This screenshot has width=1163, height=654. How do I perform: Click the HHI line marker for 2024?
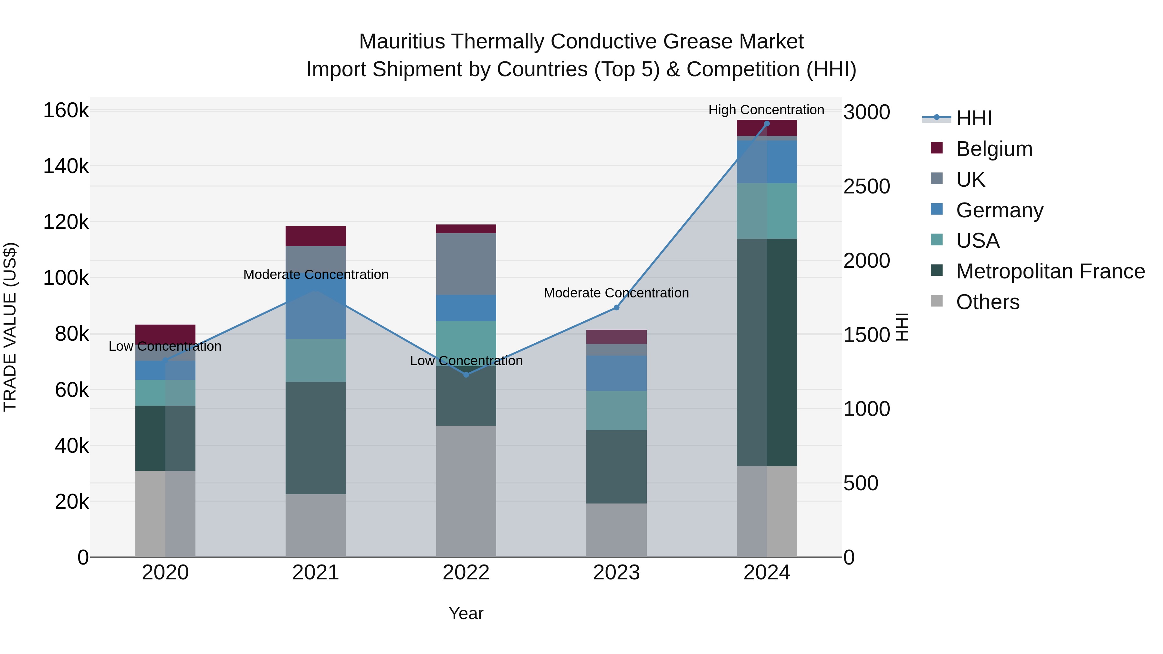[x=767, y=124]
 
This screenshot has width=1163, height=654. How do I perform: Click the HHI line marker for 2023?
[x=616, y=308]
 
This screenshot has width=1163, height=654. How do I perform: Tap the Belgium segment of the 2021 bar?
[x=316, y=236]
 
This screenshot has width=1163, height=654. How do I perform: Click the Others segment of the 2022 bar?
[x=466, y=491]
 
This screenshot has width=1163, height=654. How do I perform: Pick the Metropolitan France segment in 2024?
[x=767, y=352]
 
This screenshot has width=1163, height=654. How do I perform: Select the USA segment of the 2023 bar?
[x=616, y=410]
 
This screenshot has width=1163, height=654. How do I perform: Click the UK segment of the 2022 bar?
[x=466, y=264]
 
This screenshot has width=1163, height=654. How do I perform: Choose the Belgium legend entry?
[x=994, y=149]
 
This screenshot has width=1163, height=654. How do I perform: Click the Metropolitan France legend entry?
[x=1050, y=271]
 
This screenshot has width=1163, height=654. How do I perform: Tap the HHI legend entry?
[x=974, y=118]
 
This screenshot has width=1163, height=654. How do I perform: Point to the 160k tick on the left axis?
[x=66, y=110]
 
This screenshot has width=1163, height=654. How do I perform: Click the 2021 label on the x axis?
[x=316, y=573]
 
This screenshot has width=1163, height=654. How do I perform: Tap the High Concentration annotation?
[x=766, y=110]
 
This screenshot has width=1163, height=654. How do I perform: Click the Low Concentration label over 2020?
[x=165, y=347]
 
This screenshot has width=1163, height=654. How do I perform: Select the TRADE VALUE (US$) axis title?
[x=10, y=327]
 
